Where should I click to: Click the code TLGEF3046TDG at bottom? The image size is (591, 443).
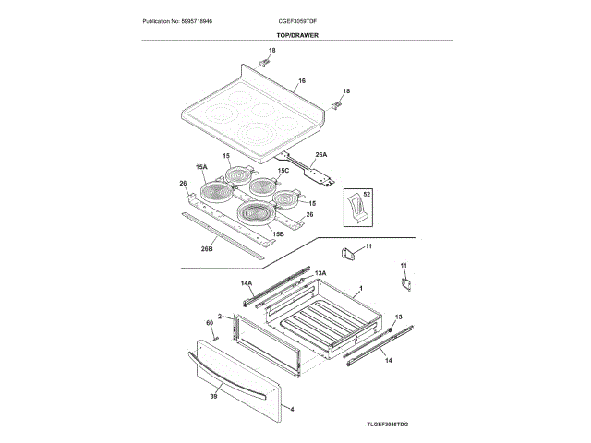point(388,423)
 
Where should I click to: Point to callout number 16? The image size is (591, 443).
point(301,81)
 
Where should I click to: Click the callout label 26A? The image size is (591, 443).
point(321,155)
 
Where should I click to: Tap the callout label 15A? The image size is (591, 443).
point(201,166)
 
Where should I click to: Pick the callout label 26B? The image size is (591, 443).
point(208,248)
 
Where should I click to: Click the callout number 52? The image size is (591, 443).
point(366,195)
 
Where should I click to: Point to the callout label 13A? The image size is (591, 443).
point(320,273)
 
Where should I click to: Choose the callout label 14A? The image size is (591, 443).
point(247,282)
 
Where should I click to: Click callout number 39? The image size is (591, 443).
point(213,396)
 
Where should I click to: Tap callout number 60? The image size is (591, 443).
point(210,322)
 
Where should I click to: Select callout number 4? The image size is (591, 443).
point(292,409)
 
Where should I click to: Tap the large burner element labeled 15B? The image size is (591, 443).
point(256,214)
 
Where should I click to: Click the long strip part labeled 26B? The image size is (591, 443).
point(235,230)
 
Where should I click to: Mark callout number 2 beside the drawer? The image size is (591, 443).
point(220,317)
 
